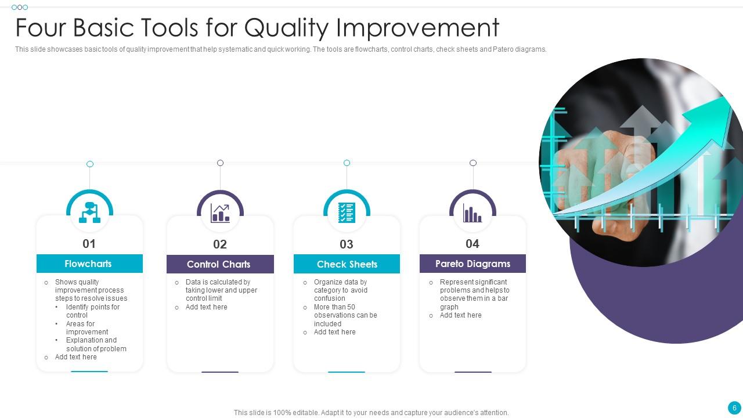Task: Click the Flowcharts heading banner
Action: [x=89, y=264]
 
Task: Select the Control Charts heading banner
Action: [x=219, y=264]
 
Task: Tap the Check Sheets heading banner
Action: [x=347, y=264]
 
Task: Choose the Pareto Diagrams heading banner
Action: [x=473, y=264]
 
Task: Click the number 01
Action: [x=89, y=244]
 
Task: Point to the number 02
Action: [x=219, y=244]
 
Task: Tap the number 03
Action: [x=346, y=244]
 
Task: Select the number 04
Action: [x=473, y=244]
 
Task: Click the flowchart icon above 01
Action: [x=89, y=212]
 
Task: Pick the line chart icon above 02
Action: [x=220, y=213]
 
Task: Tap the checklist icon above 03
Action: [x=347, y=212]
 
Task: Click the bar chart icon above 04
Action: [x=473, y=214]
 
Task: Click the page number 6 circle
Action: [x=734, y=408]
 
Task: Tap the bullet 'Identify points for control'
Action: [x=92, y=311]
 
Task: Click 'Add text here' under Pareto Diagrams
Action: [x=460, y=315]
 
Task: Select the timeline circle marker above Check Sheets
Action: [x=347, y=163]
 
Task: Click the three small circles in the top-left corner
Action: [x=20, y=8]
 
